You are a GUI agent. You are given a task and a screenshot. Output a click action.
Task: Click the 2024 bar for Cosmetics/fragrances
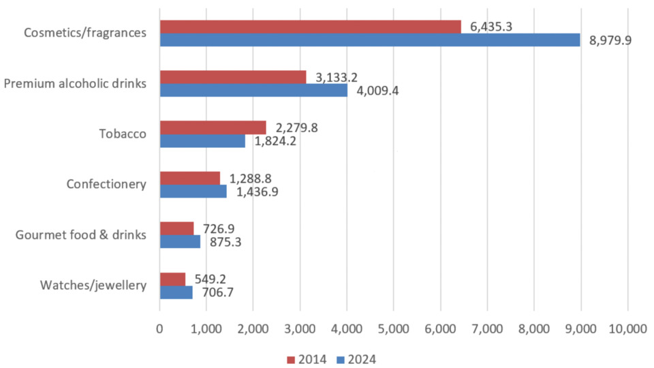coord(370,40)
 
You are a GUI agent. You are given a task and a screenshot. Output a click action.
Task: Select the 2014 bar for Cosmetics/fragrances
coord(310,27)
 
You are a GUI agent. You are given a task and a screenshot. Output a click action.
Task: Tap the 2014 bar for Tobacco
coord(213,127)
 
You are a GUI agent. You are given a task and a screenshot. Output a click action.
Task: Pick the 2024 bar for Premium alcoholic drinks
coord(253,90)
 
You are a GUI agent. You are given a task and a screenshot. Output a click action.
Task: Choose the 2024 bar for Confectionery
coord(193,191)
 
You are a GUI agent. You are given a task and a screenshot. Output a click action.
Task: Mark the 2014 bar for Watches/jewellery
coord(172,279)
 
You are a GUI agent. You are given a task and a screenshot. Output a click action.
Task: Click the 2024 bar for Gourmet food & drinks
coord(180,242)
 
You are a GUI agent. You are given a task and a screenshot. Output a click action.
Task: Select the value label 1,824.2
coord(276,141)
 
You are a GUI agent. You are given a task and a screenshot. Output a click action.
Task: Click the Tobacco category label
coord(127,134)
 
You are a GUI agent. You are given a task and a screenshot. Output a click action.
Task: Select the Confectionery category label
coord(106,185)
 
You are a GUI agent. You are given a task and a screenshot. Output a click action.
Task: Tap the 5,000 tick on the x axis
coord(393,328)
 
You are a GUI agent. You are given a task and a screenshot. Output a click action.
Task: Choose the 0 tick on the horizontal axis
coord(159,328)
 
